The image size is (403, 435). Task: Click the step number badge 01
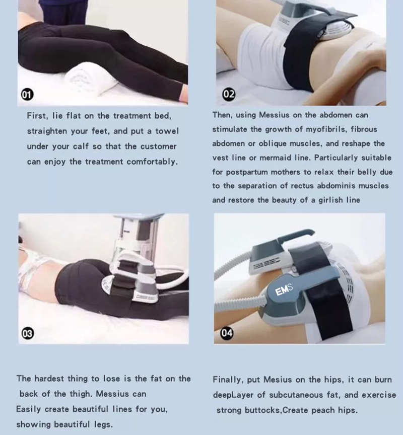point(27,95)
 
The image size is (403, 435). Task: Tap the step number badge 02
point(229,94)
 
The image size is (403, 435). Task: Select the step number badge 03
point(28,333)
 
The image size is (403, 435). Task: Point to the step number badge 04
point(227,333)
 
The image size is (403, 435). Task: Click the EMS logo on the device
point(284,290)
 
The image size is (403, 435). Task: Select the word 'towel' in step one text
point(167,131)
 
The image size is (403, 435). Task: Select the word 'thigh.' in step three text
point(80,394)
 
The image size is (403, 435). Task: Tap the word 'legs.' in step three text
point(103,425)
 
